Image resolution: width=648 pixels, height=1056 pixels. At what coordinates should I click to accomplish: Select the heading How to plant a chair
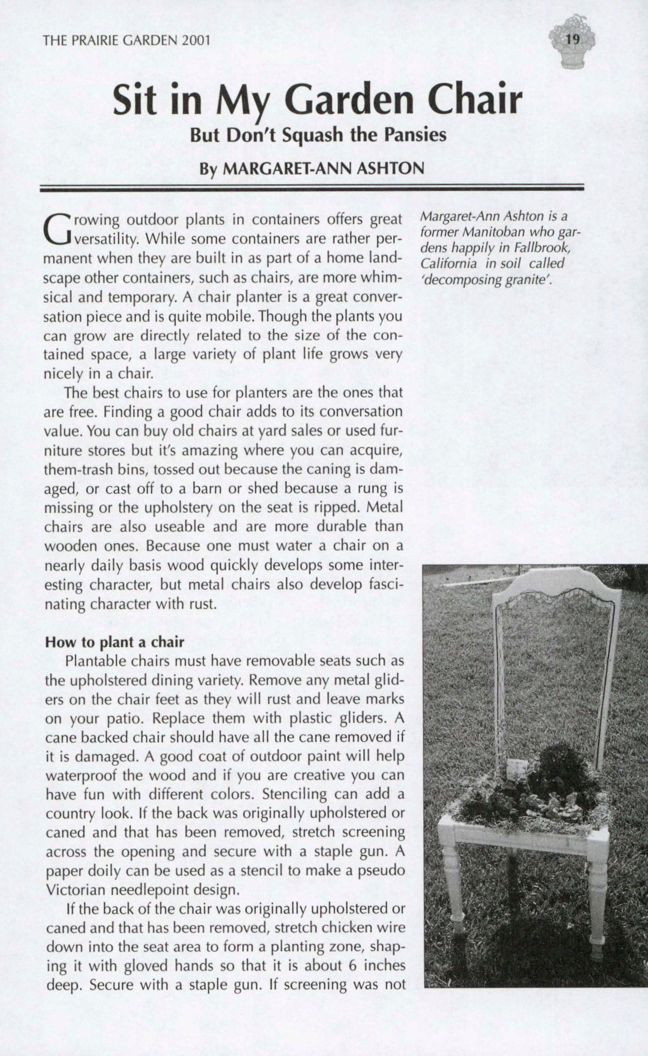click(x=115, y=642)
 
